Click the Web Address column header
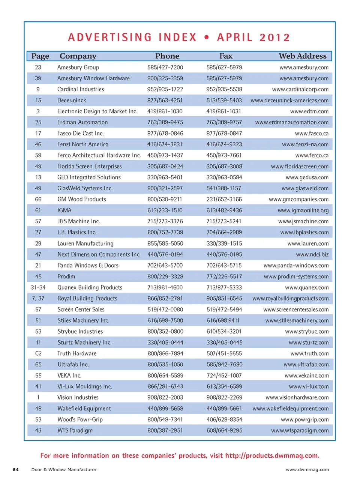pyautogui.click(x=302, y=56)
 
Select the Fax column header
pyautogui.click(x=226, y=56)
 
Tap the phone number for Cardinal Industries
pyautogui.click(x=165, y=89)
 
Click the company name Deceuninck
pyautogui.click(x=72, y=100)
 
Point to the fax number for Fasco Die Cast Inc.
pyautogui.click(x=224, y=133)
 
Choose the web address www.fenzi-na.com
pyautogui.click(x=305, y=144)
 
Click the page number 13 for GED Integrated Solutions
pyautogui.click(x=38, y=177)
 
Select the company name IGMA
pyautogui.click(x=64, y=210)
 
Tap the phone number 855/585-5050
pyautogui.click(x=165, y=243)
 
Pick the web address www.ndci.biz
pyautogui.click(x=312, y=254)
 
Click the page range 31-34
pyautogui.click(x=38, y=287)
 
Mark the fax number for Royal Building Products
pyautogui.click(x=224, y=298)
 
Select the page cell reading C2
pyautogui.click(x=38, y=353)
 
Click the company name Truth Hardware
pyautogui.click(x=77, y=353)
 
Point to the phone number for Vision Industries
pyautogui.click(x=165, y=397)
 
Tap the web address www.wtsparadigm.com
pyautogui.click(x=300, y=430)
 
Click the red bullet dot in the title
pyautogui.click(x=207, y=38)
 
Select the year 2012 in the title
pyautogui.click(x=274, y=38)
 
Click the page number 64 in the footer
pyautogui.click(x=16, y=469)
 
